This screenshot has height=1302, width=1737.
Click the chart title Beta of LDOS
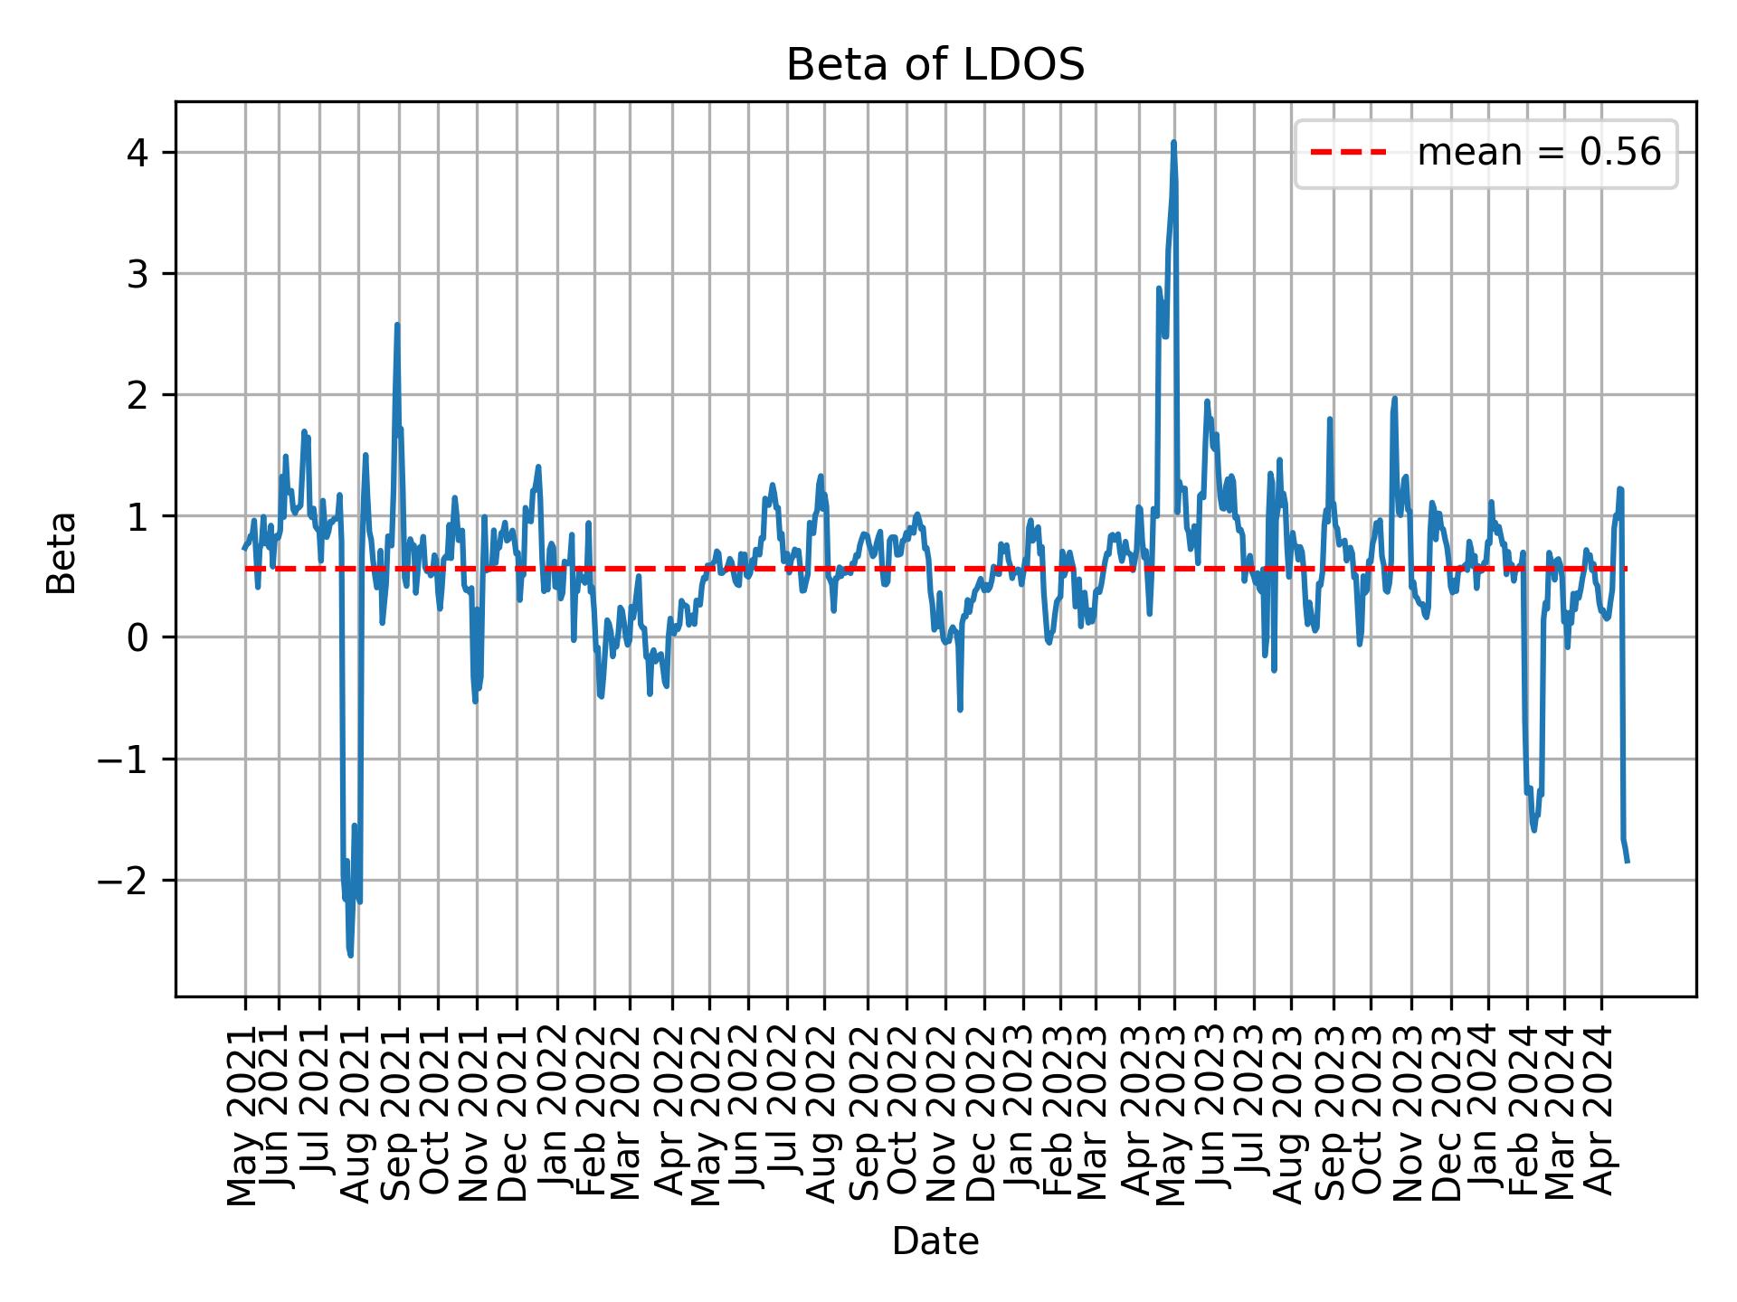click(x=935, y=65)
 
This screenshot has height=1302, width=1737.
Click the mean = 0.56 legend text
click(x=1538, y=154)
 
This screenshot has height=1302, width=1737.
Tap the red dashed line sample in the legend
click(x=1348, y=154)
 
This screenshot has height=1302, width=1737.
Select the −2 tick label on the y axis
click(x=123, y=880)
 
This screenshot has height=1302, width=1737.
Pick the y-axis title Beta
click(x=62, y=552)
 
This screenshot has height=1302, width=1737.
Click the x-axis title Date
click(x=935, y=1242)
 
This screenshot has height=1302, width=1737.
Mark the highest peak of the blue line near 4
click(x=1173, y=143)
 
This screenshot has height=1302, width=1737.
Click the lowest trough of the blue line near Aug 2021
click(x=350, y=955)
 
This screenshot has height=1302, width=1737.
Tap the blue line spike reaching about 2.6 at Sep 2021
click(x=397, y=325)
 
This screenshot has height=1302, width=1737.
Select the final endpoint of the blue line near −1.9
click(x=1628, y=861)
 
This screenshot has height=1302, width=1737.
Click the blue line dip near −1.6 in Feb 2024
click(x=1533, y=829)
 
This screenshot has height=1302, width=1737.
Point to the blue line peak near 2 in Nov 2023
click(x=1394, y=398)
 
